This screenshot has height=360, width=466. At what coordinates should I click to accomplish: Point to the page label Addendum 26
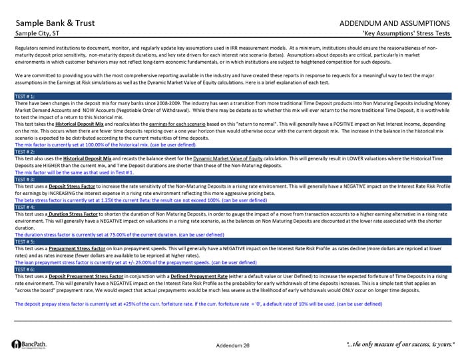pos(233,345)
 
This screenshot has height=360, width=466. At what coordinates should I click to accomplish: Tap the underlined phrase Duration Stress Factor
pos(79,214)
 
